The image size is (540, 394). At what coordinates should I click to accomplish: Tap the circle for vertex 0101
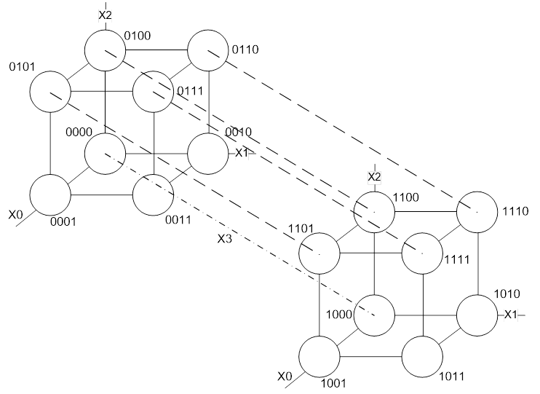coord(50,92)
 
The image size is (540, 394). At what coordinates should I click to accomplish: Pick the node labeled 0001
coord(50,195)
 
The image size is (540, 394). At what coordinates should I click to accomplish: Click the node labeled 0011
coord(154,195)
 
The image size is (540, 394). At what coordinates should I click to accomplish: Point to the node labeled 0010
coord(208,154)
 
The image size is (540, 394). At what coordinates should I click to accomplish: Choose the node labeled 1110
coord(477,212)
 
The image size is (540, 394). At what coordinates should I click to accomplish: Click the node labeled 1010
coord(477,315)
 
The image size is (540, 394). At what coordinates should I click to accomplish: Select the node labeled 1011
coord(423,357)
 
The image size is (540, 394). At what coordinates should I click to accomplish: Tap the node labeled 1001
coord(320,357)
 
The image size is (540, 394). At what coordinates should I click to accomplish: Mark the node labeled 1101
coord(320,253)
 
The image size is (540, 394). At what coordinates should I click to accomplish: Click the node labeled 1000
coord(375,315)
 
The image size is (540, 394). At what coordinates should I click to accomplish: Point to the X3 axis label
coord(224,238)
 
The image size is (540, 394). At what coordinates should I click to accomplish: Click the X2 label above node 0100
coord(106,14)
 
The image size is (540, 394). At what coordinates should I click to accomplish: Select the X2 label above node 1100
coord(374,177)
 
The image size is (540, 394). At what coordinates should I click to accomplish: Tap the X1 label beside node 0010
coord(242,153)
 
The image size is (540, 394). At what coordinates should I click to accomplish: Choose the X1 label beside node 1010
coord(511,314)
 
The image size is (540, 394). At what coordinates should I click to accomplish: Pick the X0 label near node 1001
coord(285,377)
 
